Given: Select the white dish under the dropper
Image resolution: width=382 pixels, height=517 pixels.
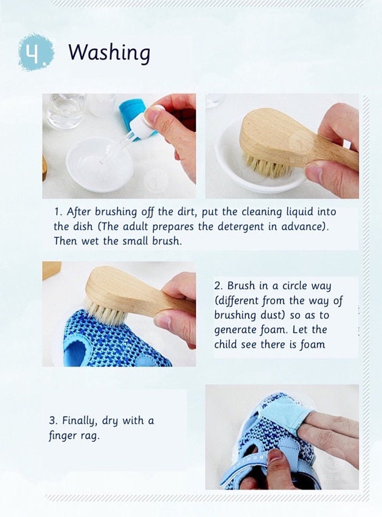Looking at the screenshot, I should [x=99, y=164].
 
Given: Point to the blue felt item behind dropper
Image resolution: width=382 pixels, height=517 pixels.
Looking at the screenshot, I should [x=131, y=112].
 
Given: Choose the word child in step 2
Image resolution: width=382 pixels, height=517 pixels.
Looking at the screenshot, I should [x=227, y=345].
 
